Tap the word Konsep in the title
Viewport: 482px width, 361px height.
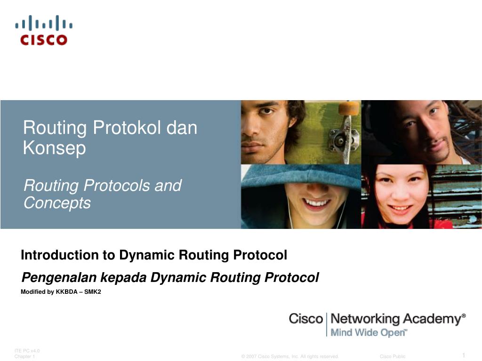coord(54,148)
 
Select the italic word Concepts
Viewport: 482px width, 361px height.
coord(57,204)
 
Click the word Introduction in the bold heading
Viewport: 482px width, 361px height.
coord(59,255)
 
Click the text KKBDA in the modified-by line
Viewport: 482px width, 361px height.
coord(66,292)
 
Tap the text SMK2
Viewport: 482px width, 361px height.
coord(93,292)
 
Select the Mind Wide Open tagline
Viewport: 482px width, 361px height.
coord(369,333)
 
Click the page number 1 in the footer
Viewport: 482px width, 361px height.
coord(464,354)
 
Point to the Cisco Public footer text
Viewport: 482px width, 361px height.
coord(392,356)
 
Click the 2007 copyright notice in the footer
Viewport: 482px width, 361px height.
coord(289,356)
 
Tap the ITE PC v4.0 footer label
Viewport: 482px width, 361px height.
coord(27,351)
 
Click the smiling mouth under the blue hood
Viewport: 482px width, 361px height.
coord(316,203)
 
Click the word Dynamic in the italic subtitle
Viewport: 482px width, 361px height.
coord(178,278)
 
